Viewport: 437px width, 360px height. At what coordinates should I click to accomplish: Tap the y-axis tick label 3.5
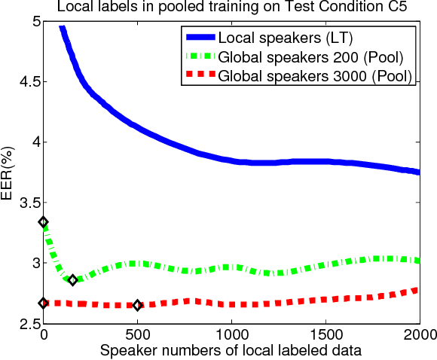26,203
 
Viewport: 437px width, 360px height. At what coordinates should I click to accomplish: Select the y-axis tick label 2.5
26,323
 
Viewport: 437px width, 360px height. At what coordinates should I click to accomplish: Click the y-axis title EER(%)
9,172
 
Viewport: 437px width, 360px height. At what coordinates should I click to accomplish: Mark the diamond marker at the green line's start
43,222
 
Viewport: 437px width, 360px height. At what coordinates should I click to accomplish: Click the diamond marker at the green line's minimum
72,280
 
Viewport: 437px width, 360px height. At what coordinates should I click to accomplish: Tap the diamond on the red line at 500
137,305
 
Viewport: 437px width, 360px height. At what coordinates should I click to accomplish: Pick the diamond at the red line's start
43,303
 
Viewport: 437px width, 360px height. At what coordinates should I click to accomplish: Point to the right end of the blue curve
418,172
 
